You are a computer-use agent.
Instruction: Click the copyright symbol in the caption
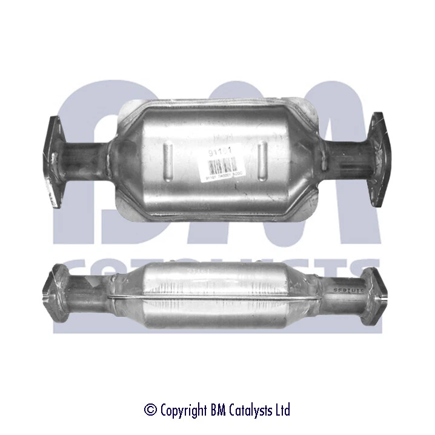[150, 410]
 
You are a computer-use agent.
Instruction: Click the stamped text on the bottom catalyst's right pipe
[346, 287]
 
